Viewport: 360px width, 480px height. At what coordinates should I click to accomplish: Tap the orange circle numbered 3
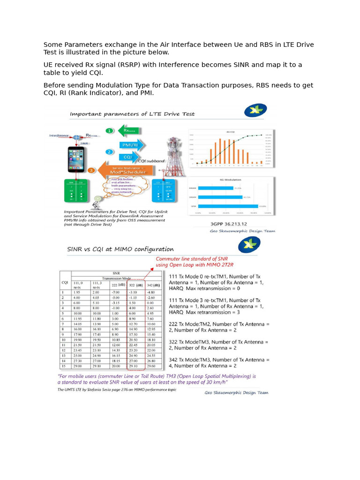tap(92, 170)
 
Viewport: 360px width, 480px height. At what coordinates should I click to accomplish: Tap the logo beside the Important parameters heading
tap(255, 111)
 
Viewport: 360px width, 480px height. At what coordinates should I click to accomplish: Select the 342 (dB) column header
tap(153, 285)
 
